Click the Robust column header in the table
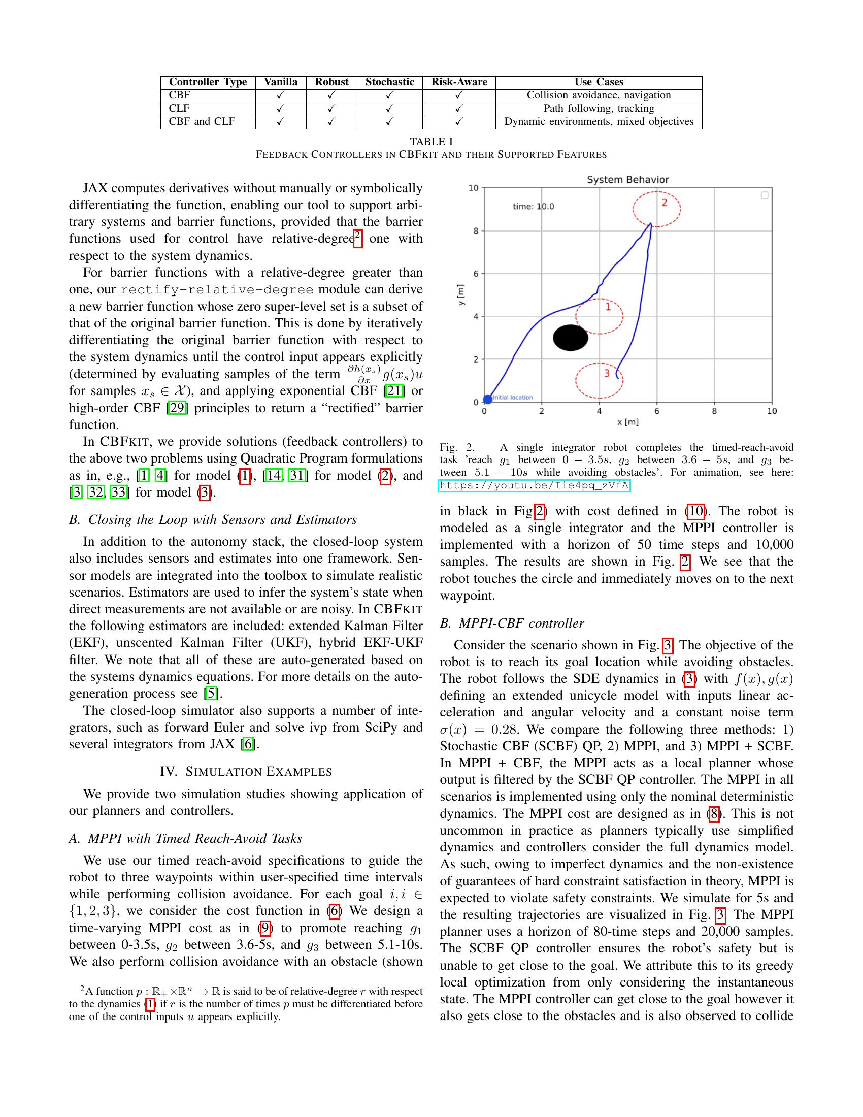coord(331,82)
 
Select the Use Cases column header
coord(599,82)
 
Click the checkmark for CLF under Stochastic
coord(389,109)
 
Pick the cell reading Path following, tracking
coord(599,109)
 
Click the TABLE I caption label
coord(431,142)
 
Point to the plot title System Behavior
coord(627,180)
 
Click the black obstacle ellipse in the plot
coord(571,338)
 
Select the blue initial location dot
coord(488,399)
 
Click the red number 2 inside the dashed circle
coord(664,203)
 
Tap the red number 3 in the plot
coord(607,373)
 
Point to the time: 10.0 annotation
coord(533,207)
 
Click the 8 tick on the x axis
coord(714,411)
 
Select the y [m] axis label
coord(461,295)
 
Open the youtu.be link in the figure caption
coord(534,485)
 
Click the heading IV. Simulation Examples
coord(246,772)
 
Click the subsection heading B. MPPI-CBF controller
coord(512,623)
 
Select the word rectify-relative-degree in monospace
coord(217,290)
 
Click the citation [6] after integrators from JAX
coord(248,744)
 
